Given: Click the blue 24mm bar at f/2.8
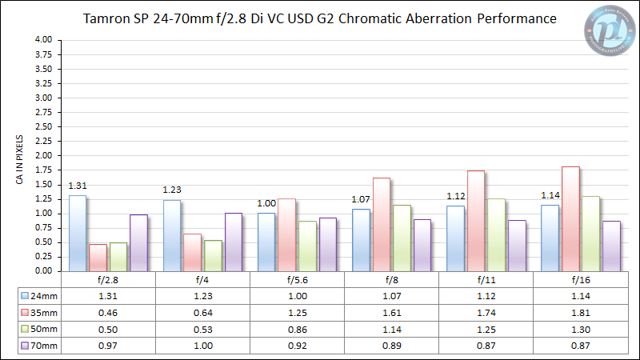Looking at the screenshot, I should [x=77, y=233].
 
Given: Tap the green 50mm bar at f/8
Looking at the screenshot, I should [x=402, y=238].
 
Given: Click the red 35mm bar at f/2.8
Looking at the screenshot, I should [x=98, y=258].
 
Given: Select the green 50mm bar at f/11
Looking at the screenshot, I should [x=497, y=234].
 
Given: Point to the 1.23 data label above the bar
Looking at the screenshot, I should [x=172, y=190].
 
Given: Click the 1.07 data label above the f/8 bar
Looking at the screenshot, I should [x=361, y=199].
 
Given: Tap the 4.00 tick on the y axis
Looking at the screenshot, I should [x=44, y=40].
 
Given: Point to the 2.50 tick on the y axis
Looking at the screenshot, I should [x=44, y=126].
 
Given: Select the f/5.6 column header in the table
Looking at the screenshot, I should [x=297, y=280].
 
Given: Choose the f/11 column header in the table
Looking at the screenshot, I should [x=486, y=280].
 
